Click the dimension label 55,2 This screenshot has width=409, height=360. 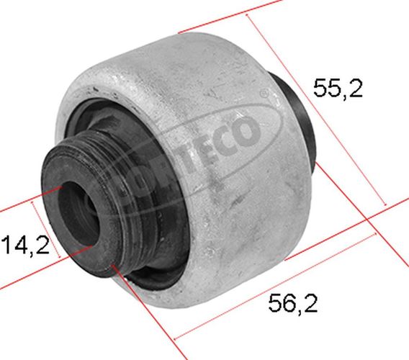point(338,88)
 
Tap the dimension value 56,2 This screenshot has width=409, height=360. point(293,303)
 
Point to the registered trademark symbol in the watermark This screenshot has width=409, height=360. point(264,93)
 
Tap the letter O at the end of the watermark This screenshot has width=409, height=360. point(246,132)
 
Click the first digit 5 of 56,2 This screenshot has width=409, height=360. point(276,303)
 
